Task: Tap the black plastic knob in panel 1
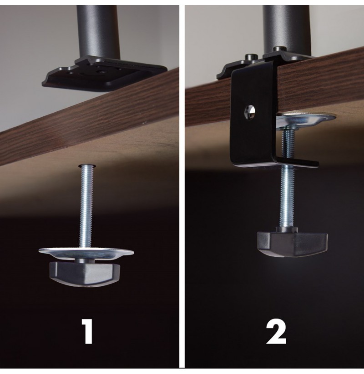85,274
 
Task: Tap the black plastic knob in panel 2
292,243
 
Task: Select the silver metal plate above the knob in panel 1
86,253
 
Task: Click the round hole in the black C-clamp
249,112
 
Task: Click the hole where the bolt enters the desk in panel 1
87,165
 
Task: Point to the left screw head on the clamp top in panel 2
250,57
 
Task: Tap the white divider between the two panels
182,186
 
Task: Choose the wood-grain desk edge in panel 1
90,117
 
